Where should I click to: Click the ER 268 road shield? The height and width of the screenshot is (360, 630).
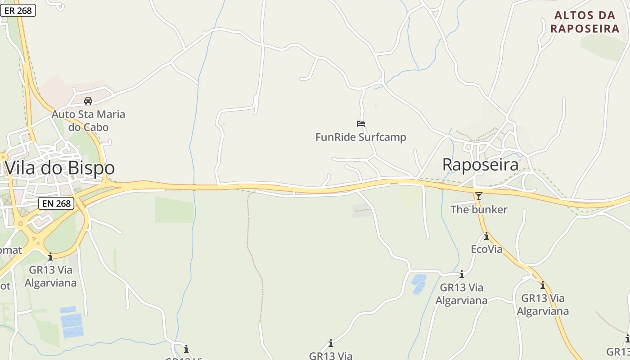click(x=18, y=10)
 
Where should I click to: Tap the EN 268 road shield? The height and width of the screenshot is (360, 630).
click(x=56, y=203)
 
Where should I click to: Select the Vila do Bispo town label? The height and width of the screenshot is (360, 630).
click(x=60, y=168)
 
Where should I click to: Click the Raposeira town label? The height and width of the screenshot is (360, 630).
click(x=480, y=165)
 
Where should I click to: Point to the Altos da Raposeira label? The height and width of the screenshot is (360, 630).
click(x=585, y=22)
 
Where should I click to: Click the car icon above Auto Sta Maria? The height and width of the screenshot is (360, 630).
click(x=88, y=100)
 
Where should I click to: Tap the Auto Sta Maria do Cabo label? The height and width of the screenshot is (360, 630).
click(x=88, y=121)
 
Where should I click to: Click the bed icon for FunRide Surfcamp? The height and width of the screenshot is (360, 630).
click(x=360, y=123)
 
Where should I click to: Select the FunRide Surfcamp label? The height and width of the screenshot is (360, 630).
click(x=360, y=137)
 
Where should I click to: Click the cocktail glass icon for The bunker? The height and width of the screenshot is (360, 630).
click(x=478, y=196)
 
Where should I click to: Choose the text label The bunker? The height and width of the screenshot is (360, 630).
click(x=479, y=209)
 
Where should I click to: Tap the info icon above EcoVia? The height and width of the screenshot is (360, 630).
click(x=486, y=236)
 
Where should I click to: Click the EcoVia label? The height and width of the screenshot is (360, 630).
click(x=486, y=249)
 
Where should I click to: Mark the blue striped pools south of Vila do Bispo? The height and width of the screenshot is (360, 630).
click(x=72, y=322)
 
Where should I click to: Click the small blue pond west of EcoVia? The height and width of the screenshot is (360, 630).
click(x=419, y=283)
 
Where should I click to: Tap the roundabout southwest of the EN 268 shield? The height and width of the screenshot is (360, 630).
click(x=20, y=223)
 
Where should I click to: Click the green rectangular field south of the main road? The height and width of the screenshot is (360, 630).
click(x=174, y=210)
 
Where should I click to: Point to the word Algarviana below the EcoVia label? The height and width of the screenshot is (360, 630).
click(x=461, y=300)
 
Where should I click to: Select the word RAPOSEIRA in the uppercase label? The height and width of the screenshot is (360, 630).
click(x=585, y=28)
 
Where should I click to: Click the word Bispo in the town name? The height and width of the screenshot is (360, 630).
click(x=92, y=168)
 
